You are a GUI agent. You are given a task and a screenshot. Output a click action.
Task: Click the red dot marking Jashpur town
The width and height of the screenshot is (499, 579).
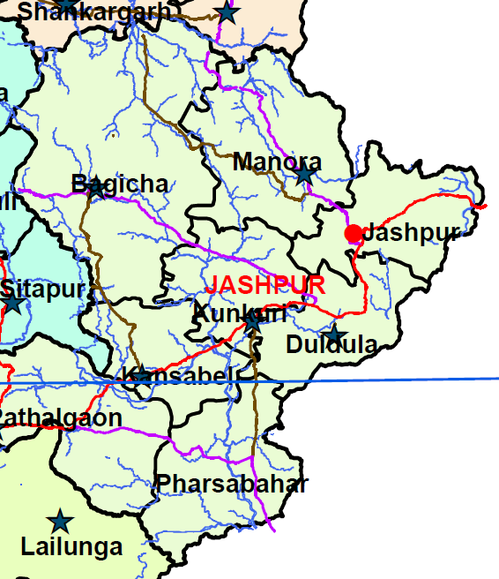point(354,234)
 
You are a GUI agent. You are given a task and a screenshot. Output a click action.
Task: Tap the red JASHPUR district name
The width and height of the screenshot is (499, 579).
point(264,285)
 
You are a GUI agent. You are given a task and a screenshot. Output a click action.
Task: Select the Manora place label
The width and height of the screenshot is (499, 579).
point(277,162)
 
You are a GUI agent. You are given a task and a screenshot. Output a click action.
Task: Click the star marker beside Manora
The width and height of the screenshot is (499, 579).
point(304,175)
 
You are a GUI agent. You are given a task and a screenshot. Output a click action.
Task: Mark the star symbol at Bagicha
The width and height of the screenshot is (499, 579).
point(97,189)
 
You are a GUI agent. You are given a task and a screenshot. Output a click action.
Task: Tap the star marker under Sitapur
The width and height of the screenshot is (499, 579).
point(13,305)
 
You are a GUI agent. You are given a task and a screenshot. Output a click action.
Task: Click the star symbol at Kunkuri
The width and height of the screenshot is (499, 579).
point(253,323)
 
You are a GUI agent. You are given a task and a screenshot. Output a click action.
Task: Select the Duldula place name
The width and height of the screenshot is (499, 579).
point(331,345)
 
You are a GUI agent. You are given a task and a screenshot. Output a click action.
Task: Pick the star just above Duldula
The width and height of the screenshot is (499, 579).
point(334,335)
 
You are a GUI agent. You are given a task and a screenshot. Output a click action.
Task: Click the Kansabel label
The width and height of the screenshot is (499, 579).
point(180,376)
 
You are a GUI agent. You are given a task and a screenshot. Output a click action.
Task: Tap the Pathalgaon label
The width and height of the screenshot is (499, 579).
point(60,417)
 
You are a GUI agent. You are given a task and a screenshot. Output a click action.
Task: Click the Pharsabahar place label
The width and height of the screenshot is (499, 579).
point(232,484)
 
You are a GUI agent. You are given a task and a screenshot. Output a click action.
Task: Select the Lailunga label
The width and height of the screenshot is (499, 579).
point(71,547)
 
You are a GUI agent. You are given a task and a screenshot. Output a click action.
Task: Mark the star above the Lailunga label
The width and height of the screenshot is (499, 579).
point(60,521)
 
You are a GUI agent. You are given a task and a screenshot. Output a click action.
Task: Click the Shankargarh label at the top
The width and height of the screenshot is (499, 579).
point(93,11)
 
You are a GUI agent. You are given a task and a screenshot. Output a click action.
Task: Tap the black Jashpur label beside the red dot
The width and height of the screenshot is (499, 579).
point(411,234)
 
